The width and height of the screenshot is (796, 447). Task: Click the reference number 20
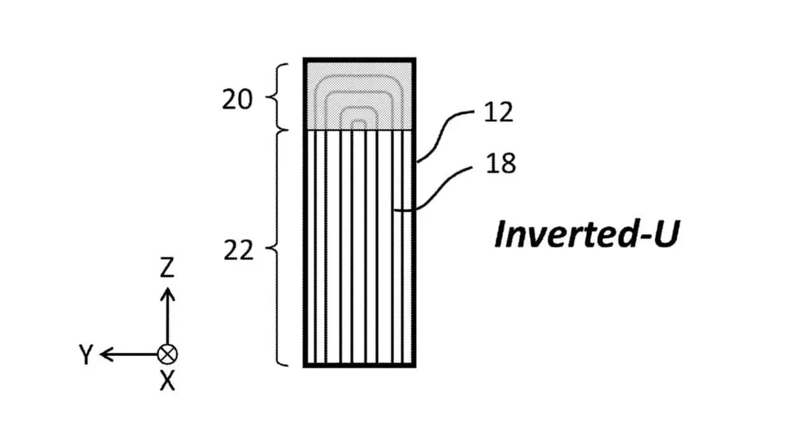tap(238, 99)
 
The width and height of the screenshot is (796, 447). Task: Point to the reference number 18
tap(500, 164)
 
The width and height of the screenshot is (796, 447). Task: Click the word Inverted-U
tap(585, 235)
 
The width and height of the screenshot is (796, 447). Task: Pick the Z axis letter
tap(167, 269)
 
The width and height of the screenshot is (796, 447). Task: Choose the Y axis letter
tap(86, 355)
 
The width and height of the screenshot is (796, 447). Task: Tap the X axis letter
tap(167, 381)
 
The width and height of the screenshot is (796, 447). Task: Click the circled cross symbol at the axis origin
tap(167, 354)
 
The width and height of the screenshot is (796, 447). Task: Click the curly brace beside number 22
tap(274, 248)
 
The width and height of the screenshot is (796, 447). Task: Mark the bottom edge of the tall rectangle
tap(359, 365)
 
